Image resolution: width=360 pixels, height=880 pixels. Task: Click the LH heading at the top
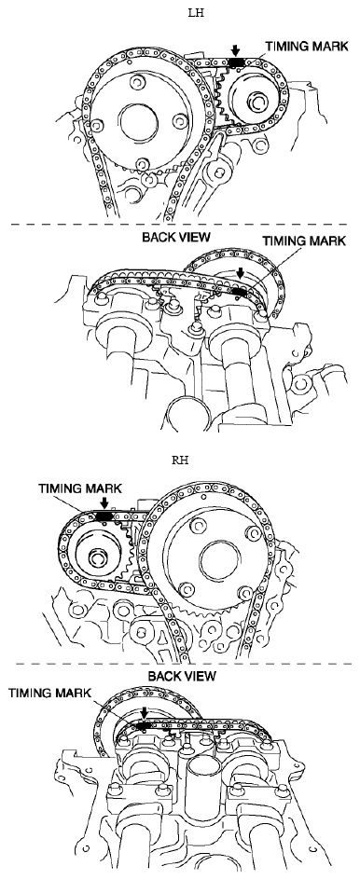196,13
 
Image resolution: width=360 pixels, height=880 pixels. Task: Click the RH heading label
180,461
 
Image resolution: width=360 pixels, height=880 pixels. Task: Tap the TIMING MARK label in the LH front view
307,46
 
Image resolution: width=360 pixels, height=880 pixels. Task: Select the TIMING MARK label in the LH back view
304,241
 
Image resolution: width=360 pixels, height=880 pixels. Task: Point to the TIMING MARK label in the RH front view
80,488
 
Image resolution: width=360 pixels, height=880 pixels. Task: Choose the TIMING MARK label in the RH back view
49,694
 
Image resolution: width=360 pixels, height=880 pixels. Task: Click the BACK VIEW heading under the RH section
182,676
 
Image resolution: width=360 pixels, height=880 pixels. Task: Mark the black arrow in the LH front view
235,51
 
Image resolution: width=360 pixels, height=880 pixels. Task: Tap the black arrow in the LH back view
241,274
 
